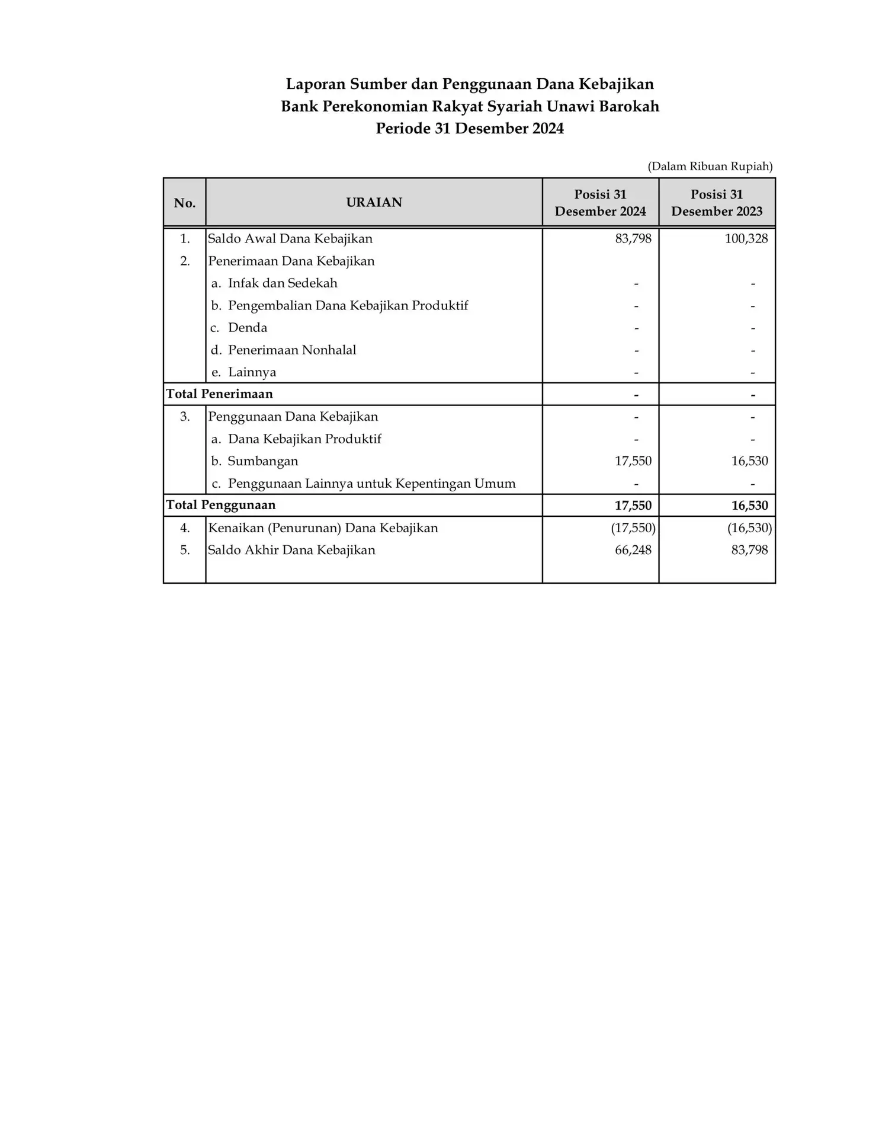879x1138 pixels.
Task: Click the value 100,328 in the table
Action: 746,239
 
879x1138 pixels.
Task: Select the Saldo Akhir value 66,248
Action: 633,550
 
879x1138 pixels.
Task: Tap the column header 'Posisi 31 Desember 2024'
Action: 600,203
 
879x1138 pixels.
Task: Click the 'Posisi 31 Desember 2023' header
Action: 717,203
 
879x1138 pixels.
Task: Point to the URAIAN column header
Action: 374,203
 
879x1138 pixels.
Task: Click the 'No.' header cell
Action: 185,203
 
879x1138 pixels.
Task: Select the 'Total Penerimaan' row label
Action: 220,394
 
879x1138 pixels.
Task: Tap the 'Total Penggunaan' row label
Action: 221,505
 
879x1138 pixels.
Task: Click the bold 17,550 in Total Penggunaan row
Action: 633,506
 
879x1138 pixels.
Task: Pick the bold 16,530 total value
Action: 749,506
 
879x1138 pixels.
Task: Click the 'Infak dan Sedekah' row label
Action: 282,283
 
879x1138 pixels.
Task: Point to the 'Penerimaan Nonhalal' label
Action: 291,350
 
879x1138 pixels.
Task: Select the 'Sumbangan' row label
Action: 262,461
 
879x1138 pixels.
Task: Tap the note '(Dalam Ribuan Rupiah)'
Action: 710,167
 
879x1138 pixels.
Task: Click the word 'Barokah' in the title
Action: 633,107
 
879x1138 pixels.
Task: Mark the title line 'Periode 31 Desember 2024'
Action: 470,129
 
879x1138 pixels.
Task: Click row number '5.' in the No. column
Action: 185,550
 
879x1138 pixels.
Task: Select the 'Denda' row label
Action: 247,328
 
